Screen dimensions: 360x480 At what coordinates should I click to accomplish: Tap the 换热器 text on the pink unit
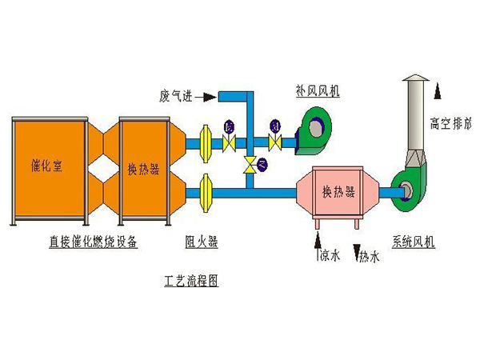[338, 191]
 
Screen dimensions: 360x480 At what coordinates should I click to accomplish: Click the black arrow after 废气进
[205, 98]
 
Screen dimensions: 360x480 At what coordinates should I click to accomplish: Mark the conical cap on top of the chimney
[417, 78]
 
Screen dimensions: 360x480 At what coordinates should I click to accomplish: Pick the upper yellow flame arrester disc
[205, 142]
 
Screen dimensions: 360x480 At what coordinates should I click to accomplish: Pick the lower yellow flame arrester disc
[205, 192]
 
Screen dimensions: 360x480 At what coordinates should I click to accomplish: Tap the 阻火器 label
[202, 242]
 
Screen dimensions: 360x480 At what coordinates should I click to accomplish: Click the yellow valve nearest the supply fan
[275, 142]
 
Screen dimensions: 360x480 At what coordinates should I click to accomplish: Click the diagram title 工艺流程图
[191, 281]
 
